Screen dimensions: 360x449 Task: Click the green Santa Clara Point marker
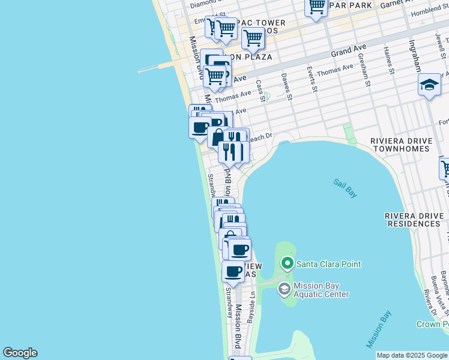tap(288, 263)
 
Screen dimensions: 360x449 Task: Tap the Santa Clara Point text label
tap(328, 264)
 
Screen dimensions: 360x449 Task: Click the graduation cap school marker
tap(430, 86)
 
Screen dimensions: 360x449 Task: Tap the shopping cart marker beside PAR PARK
tap(316, 7)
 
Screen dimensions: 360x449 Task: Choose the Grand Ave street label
tap(349, 52)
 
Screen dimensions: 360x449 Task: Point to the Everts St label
tap(312, 79)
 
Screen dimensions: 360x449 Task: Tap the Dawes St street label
tap(286, 86)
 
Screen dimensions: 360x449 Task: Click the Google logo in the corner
tap(20, 353)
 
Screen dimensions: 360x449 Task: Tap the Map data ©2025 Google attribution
tap(412, 355)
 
